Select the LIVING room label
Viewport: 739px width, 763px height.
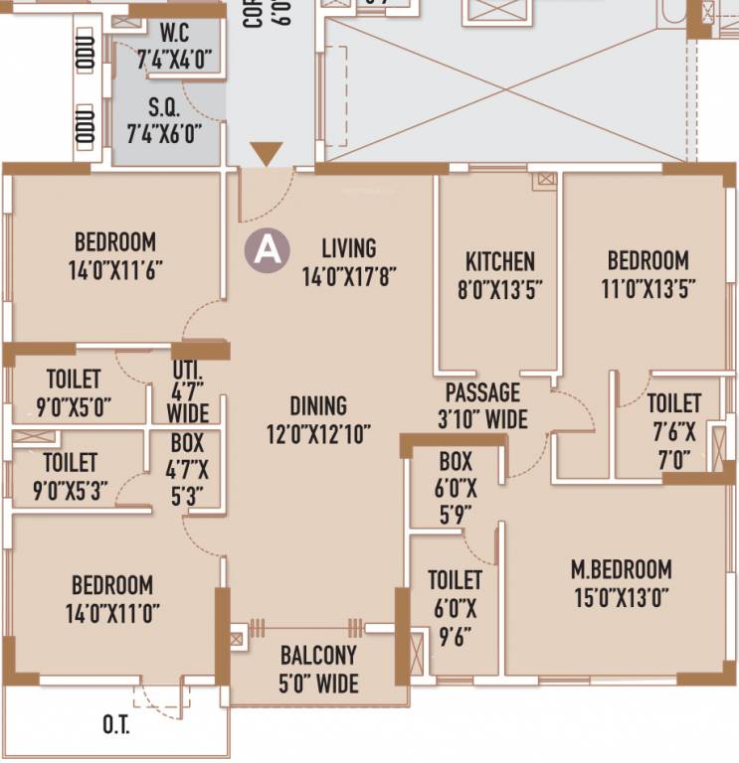[348, 247]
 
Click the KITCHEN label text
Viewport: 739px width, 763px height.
[500, 261]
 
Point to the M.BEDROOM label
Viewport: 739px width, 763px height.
[622, 569]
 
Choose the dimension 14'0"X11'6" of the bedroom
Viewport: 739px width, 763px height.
[115, 269]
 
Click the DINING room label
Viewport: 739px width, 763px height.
[318, 405]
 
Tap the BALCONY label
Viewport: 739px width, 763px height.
[318, 656]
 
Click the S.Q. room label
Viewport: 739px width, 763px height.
[163, 105]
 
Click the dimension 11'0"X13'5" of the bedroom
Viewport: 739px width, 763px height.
[648, 288]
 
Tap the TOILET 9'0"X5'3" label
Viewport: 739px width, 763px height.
[70, 475]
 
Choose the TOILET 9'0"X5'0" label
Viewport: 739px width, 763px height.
[73, 391]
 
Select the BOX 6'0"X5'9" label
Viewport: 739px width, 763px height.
[456, 487]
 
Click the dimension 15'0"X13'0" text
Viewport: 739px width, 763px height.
[622, 597]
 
